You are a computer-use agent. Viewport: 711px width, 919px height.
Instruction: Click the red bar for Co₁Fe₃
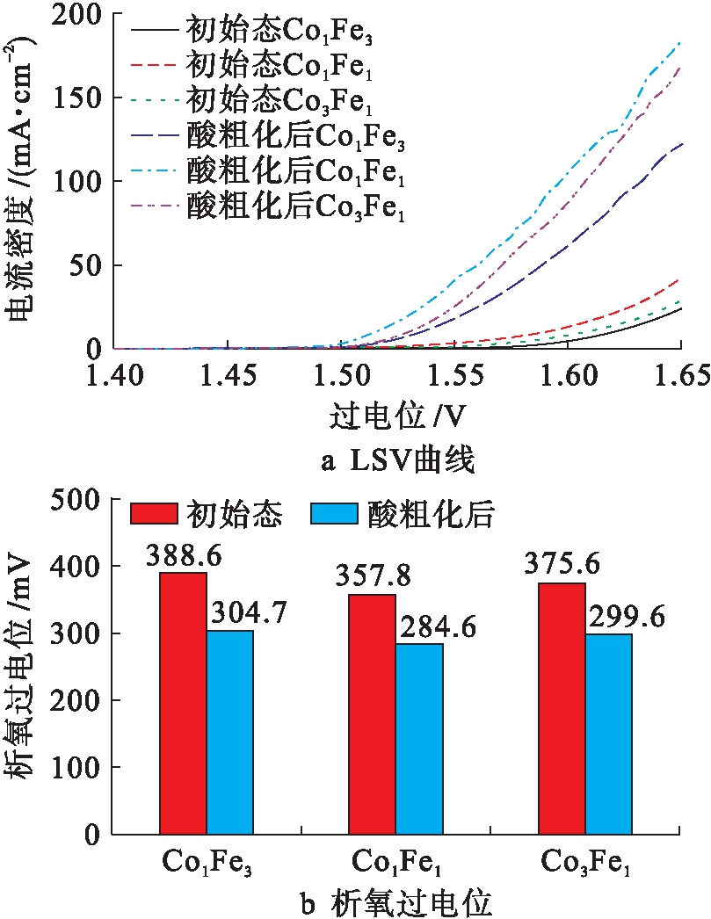[x=183, y=702]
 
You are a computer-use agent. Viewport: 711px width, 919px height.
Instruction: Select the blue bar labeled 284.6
[x=419, y=738]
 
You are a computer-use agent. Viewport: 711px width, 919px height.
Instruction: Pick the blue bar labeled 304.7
[x=229, y=731]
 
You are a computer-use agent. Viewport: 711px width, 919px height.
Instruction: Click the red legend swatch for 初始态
[x=153, y=513]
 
